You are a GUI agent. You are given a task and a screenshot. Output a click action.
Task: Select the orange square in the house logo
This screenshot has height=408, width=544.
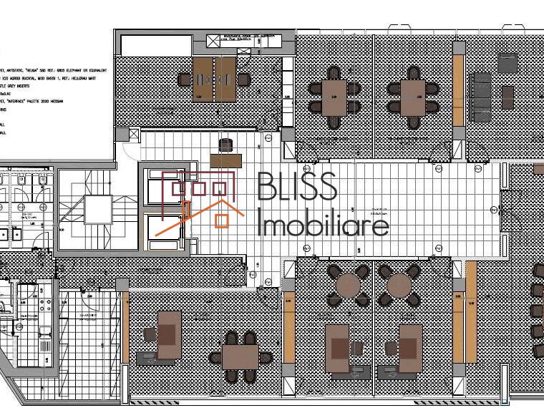221,220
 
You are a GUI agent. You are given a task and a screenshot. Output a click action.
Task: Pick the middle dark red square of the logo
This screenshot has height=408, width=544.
200,189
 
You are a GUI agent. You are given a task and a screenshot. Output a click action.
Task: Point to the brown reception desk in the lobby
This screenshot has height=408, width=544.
227,161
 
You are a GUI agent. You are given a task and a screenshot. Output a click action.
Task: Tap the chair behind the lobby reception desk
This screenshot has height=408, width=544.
227,145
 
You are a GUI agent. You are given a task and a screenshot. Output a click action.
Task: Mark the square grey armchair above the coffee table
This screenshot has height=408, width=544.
507,63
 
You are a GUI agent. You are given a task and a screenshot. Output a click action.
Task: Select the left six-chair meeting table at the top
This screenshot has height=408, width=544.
334,97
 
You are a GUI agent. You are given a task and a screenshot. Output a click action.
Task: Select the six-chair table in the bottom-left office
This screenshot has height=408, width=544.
240,356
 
